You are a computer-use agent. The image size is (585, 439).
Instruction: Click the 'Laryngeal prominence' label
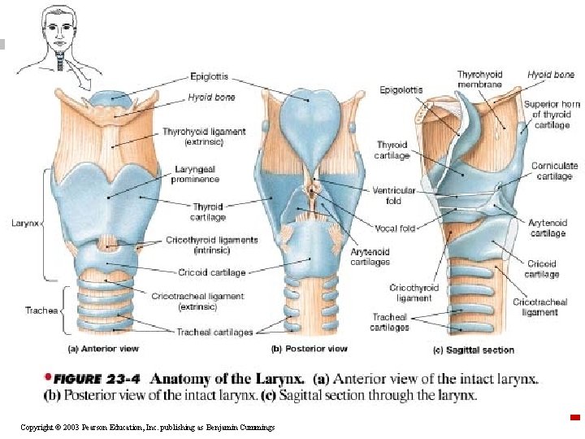[195, 174]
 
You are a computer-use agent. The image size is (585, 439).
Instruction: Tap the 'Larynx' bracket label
[25, 224]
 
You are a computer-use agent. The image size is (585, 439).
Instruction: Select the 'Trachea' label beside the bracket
[41, 311]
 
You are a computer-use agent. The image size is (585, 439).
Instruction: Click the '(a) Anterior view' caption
[103, 349]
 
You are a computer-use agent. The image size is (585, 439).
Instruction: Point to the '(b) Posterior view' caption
[310, 349]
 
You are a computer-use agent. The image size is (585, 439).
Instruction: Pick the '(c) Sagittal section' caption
[474, 350]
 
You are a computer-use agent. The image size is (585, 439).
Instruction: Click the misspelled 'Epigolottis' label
[401, 90]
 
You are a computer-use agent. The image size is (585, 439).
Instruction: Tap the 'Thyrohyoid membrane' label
[480, 79]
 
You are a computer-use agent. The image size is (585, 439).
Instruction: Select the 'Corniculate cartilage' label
[554, 171]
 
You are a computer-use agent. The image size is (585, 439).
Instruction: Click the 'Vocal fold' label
[395, 228]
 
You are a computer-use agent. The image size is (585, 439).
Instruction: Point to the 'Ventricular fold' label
[393, 196]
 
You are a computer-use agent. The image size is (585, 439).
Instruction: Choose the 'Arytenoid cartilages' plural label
[370, 257]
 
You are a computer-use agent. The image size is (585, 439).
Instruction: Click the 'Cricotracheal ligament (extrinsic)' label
[197, 302]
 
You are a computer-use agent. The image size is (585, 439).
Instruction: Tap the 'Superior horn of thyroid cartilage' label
[552, 115]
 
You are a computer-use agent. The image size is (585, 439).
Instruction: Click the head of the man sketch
[59, 26]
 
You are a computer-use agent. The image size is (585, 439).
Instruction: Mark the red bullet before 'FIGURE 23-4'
[47, 376]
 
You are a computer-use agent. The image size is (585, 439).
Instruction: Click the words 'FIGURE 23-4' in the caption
[97, 380]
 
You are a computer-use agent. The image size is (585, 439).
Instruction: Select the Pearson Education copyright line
[148, 428]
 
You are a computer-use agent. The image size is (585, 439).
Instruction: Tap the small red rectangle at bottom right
[575, 417]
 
